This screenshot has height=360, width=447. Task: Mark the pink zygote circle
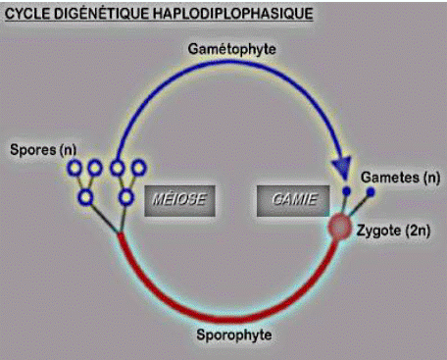point(338,228)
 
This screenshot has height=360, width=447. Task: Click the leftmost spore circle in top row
point(74,169)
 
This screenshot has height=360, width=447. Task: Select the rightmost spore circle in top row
point(135,169)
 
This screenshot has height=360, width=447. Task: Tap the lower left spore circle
point(86,197)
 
